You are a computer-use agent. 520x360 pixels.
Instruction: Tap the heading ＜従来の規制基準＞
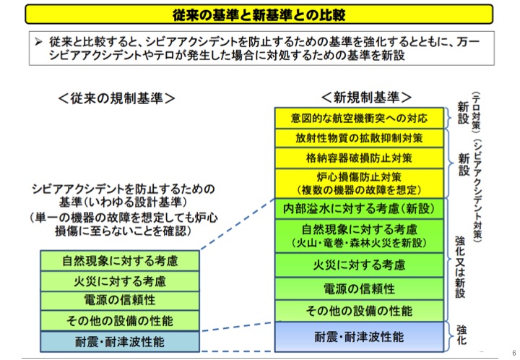click(118, 97)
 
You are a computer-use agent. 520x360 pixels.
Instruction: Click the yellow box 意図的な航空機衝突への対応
click(359, 118)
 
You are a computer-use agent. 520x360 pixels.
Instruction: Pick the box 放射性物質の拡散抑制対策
click(359, 137)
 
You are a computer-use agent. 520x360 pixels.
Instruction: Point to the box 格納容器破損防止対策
click(359, 157)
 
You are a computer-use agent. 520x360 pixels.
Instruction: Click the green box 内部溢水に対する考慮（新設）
click(359, 209)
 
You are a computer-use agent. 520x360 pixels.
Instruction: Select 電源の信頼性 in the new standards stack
click(359, 288)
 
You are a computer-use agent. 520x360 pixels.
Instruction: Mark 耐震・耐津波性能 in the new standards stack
click(359, 337)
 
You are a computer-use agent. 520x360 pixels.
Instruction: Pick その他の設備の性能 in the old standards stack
click(120, 320)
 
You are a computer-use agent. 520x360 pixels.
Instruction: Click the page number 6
click(512, 343)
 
